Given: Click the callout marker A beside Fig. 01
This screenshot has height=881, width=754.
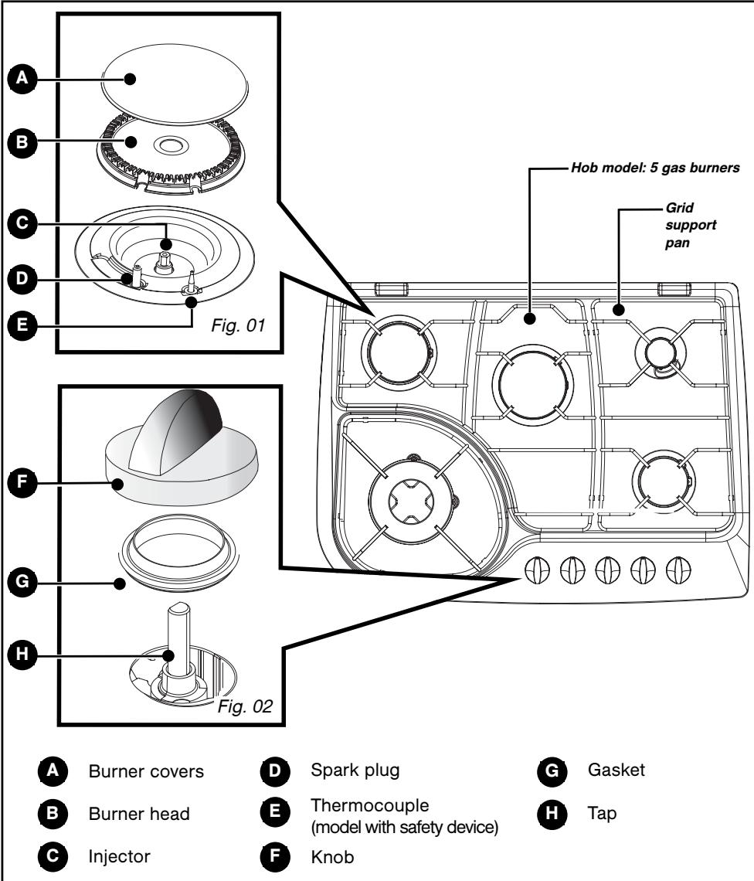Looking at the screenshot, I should click(16, 78).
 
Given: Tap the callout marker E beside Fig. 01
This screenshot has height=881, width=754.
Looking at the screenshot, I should click(16, 327).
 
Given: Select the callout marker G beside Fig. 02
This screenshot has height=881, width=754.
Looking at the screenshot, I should click(16, 583).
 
